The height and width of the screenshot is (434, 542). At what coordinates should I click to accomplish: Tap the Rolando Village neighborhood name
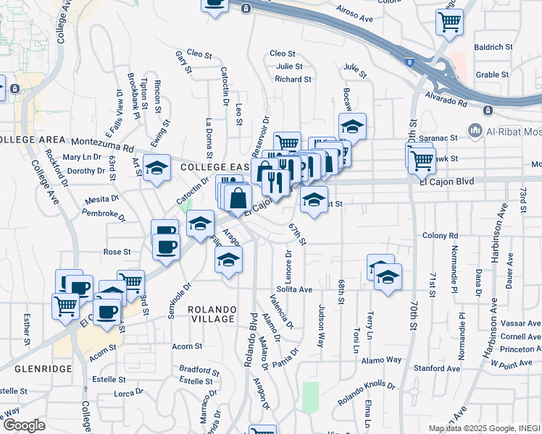212,314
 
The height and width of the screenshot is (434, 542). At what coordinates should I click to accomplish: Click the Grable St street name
493,75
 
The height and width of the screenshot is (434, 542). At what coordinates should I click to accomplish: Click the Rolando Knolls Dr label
367,394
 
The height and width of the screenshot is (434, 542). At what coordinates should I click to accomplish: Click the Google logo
25,425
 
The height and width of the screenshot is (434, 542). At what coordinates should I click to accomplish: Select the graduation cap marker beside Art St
157,169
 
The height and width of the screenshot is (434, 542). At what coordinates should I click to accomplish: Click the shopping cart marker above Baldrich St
449,22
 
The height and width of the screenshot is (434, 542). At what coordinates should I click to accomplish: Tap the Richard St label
293,79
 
